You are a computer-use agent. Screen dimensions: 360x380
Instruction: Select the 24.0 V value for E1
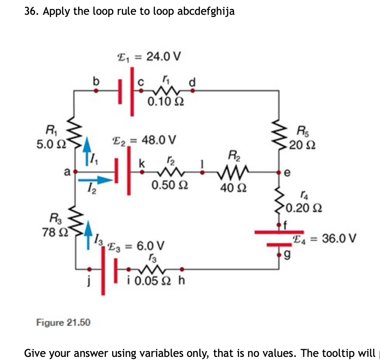(164, 57)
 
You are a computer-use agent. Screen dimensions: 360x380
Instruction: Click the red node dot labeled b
(96, 90)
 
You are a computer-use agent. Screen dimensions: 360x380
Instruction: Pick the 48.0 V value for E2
(159, 139)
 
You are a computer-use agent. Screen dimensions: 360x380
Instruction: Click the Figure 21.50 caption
(63, 322)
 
